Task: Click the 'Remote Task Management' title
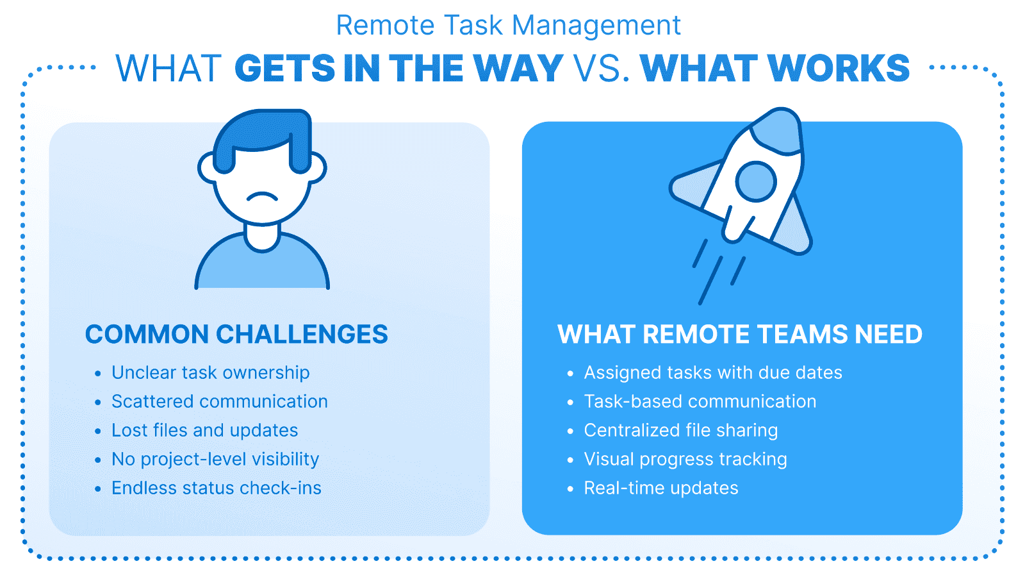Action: (x=508, y=26)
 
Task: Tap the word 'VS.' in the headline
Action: (x=602, y=69)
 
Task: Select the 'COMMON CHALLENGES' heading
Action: (x=236, y=334)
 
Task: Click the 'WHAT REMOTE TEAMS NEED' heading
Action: (x=740, y=334)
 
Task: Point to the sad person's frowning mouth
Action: (x=263, y=196)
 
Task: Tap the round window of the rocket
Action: (x=756, y=181)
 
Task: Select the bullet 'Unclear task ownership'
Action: (x=210, y=372)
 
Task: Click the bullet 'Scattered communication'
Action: (x=219, y=401)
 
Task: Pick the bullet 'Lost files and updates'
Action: (x=204, y=430)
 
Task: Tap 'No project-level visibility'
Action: (x=215, y=459)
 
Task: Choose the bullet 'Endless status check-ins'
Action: (x=216, y=488)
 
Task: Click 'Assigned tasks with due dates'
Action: (x=712, y=372)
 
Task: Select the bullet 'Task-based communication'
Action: (x=700, y=401)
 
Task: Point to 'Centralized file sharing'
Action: (x=680, y=430)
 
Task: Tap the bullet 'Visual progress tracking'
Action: (x=685, y=459)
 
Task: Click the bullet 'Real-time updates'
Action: (x=660, y=488)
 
